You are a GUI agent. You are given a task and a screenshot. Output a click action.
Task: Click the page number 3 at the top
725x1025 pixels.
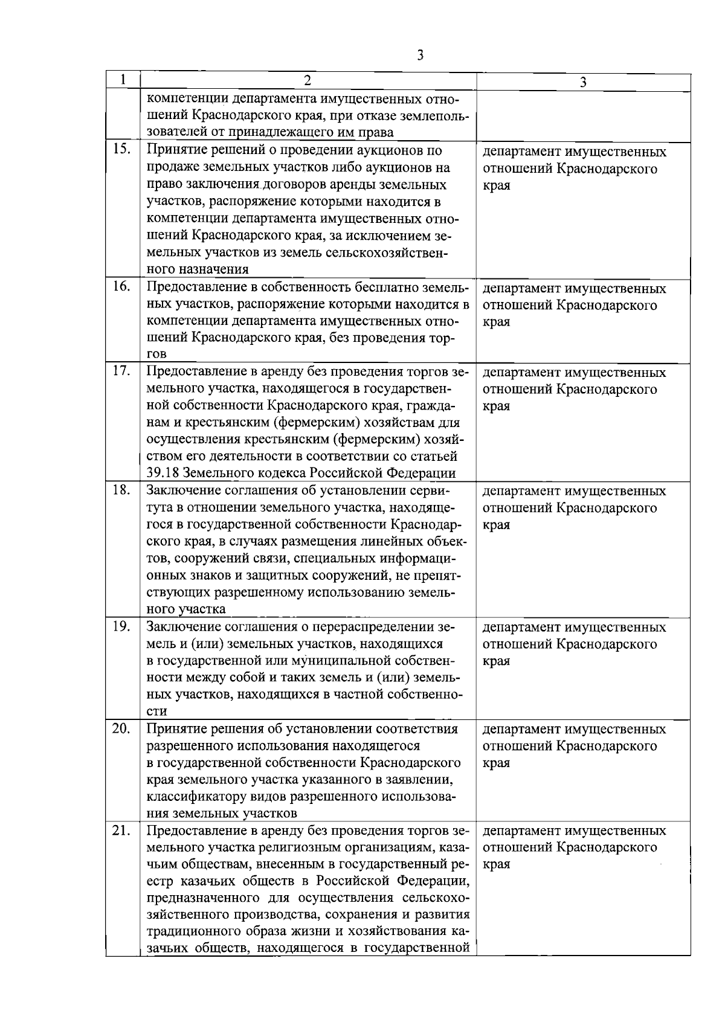point(420,56)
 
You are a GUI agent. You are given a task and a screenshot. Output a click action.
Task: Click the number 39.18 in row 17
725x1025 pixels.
point(163,472)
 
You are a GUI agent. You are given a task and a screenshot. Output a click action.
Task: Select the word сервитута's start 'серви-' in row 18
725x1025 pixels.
point(430,490)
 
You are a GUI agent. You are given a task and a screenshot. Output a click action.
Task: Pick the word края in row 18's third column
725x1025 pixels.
point(496,524)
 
